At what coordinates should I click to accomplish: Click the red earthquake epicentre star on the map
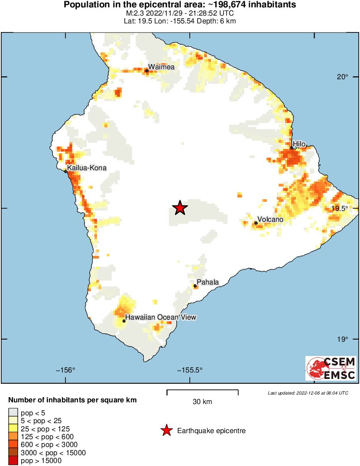tap(180, 208)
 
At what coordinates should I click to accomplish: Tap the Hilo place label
tap(299, 144)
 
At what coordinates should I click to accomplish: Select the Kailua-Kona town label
tap(87, 168)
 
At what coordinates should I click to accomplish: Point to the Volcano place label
tap(270, 220)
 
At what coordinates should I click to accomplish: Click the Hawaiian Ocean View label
tap(161, 317)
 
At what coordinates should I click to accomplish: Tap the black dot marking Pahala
tap(195, 286)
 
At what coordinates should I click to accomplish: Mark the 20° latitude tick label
tap(343, 77)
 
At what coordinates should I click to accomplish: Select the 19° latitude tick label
tap(343, 339)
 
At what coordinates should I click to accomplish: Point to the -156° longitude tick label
tap(65, 370)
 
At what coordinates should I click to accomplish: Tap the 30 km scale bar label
tap(202, 401)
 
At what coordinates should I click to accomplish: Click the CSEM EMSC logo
tap(331, 368)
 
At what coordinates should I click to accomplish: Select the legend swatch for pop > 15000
tap(13, 461)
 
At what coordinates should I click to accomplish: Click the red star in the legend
tap(166, 430)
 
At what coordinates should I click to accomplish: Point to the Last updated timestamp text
tap(308, 393)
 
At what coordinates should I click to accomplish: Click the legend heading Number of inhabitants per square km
tap(72, 400)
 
